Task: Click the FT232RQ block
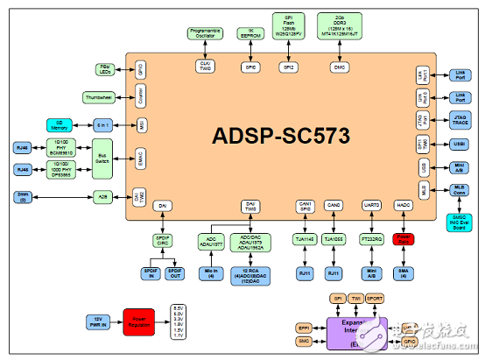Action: pos(372,238)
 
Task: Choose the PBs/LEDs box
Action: pos(104,68)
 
